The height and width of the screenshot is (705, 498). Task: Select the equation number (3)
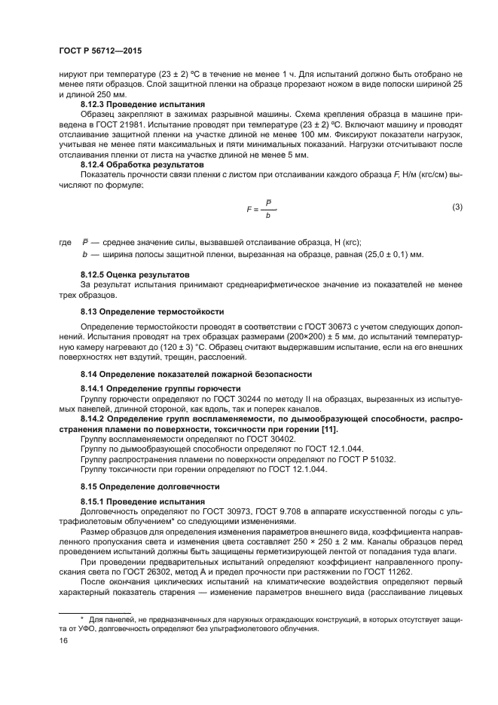coord(457,207)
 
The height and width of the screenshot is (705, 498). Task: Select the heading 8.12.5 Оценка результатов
coord(135,273)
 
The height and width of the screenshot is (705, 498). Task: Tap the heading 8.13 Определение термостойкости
coord(151,310)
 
